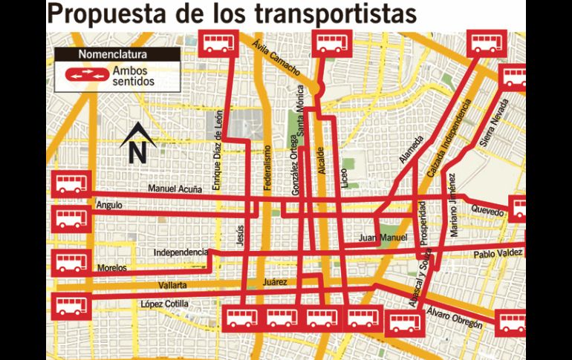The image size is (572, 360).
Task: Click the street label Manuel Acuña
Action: coord(175,190)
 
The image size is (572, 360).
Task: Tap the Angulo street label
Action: coord(108,205)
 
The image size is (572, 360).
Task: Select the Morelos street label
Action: coord(112,268)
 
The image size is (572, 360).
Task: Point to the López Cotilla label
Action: coord(164,304)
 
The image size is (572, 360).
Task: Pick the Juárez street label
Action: coord(275,283)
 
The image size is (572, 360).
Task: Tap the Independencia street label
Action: coord(181,252)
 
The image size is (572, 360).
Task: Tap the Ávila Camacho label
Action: coord(276,59)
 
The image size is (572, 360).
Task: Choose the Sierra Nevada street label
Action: coord(495,122)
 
